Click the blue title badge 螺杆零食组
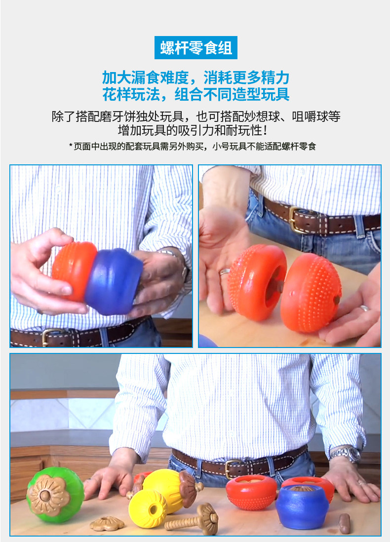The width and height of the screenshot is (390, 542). [x=195, y=48]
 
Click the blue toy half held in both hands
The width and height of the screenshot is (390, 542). [x=114, y=281]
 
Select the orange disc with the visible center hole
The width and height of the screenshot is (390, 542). [x=257, y=282]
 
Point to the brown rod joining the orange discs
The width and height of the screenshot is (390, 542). [x=277, y=286]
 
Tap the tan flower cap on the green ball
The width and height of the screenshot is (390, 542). [x=48, y=495]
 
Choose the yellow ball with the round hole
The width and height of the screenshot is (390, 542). [x=148, y=508]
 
